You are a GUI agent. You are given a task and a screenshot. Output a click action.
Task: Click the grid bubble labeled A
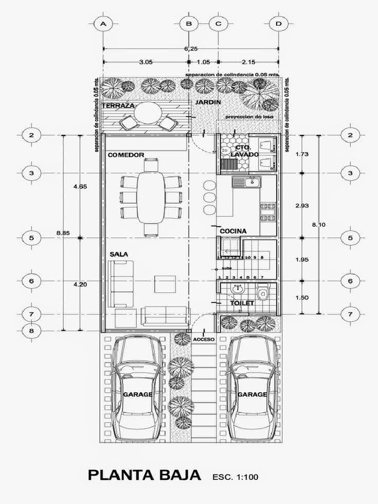103,24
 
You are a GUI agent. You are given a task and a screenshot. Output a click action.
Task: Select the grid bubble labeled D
279,24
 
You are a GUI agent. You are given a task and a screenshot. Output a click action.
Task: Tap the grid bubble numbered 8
31,331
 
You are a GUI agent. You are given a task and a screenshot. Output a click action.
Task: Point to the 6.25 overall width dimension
191,48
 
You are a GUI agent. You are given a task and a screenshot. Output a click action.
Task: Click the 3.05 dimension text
146,62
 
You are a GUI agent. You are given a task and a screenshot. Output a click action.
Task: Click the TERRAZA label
118,106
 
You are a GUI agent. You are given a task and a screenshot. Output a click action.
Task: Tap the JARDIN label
208,102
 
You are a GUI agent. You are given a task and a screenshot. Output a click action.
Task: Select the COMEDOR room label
126,155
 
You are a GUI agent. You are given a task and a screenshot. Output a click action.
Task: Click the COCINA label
233,231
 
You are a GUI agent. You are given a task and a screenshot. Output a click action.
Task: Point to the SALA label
119,254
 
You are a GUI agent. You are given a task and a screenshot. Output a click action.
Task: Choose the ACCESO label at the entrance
204,340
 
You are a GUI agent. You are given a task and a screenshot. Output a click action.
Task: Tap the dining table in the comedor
151,197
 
